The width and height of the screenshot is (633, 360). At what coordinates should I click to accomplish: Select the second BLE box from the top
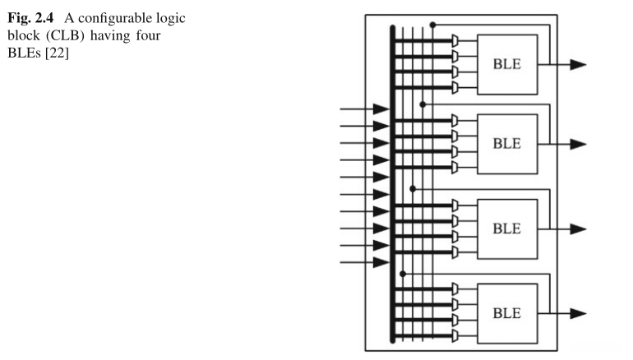507,143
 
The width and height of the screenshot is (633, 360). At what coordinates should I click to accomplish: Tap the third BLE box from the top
507,228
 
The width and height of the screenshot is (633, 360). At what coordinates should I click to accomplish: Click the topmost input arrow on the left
381,108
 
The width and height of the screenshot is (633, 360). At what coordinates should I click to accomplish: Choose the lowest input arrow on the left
381,262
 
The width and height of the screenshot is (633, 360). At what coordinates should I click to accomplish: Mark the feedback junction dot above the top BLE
432,25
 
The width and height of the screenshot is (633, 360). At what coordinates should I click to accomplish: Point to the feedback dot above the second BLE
423,104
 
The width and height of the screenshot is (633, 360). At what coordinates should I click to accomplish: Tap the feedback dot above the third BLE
412,188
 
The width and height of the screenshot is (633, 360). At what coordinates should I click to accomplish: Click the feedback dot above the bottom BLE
402,273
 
